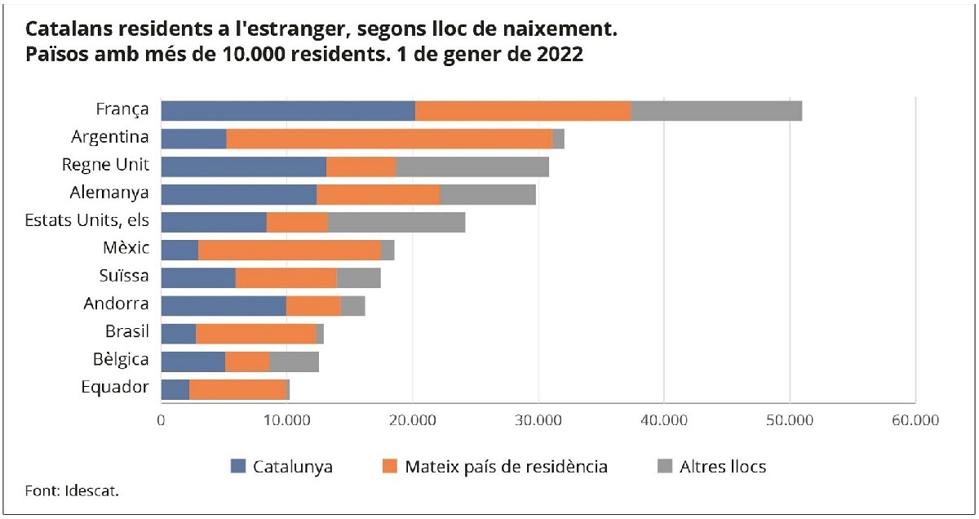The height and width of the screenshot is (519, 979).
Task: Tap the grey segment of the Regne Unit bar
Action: (x=472, y=166)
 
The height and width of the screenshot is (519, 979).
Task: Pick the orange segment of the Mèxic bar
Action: (x=290, y=251)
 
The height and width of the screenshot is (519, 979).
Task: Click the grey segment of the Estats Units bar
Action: (x=396, y=222)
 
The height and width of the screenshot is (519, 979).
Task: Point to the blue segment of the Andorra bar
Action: (x=224, y=306)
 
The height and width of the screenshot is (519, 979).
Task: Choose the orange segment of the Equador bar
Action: (x=237, y=389)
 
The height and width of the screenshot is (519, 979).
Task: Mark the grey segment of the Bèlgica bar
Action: (x=294, y=362)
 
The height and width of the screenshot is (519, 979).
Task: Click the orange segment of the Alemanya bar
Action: (x=378, y=194)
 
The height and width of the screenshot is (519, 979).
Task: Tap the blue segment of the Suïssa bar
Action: (x=198, y=278)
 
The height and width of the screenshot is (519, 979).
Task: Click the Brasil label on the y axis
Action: (x=126, y=332)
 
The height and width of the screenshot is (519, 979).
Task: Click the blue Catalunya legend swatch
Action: (x=238, y=467)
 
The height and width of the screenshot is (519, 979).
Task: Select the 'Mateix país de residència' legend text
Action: (x=505, y=467)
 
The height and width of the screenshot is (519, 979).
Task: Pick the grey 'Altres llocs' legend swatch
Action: (x=665, y=467)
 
